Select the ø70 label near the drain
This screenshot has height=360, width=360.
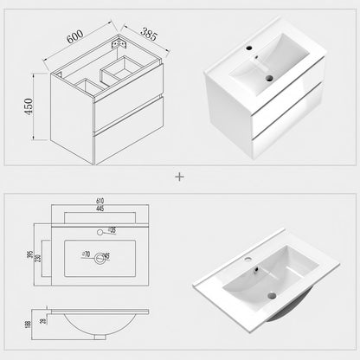87,254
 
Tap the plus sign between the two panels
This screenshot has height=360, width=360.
180,176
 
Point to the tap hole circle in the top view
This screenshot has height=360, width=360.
100,231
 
